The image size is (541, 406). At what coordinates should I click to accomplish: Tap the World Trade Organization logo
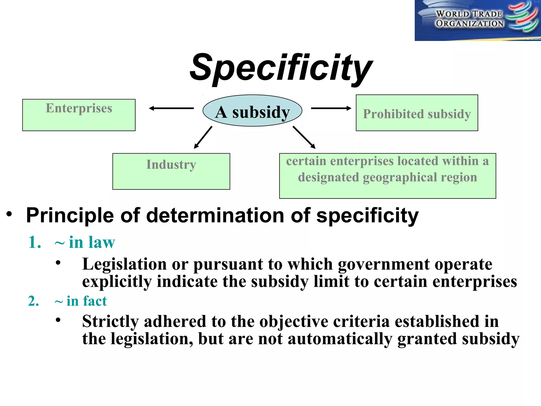click(478, 20)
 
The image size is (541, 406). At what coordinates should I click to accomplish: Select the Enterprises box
click(79, 115)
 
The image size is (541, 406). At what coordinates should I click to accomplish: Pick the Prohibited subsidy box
click(417, 113)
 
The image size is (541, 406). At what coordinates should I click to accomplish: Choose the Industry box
click(171, 171)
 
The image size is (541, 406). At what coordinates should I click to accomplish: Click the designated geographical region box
click(387, 176)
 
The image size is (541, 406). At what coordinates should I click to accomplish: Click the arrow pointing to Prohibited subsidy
click(331, 108)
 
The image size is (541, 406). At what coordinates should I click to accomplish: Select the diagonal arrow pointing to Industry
click(203, 137)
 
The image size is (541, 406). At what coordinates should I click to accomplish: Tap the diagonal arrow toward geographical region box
click(304, 137)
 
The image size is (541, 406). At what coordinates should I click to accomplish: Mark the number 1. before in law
click(35, 242)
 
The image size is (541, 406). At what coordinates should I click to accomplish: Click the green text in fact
click(87, 301)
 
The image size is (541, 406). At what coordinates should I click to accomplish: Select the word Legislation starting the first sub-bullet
click(124, 264)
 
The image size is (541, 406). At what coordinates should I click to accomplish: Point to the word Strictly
click(110, 321)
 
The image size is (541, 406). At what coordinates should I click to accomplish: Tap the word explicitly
click(117, 282)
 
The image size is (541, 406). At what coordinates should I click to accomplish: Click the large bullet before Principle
click(10, 214)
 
